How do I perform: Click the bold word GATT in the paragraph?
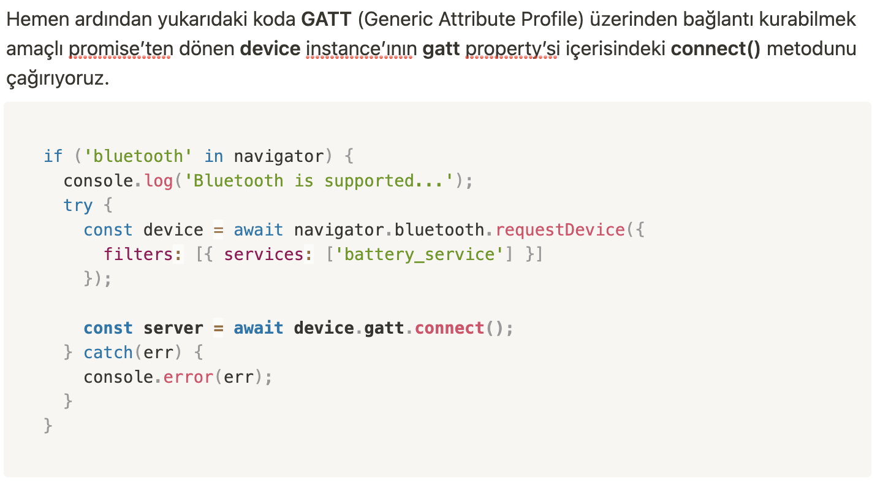coord(325,20)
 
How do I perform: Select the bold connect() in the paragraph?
coord(715,49)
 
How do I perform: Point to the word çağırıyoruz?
coord(58,79)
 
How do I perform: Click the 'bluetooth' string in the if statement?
coord(134,156)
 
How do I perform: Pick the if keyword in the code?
coord(53,156)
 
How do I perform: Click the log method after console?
coord(159,181)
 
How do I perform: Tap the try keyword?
coord(78,205)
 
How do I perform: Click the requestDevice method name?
coord(559,230)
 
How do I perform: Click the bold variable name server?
coord(173,328)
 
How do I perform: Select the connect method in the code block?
coord(449,328)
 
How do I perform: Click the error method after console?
coord(188,377)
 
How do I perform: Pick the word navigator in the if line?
coord(278,156)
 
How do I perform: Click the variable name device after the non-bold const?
coord(173,230)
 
